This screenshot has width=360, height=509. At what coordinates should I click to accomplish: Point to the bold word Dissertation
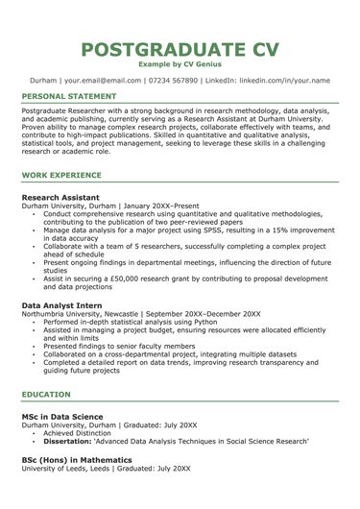[x=73, y=440]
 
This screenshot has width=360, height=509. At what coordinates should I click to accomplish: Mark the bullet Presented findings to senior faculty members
[x=125, y=345]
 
